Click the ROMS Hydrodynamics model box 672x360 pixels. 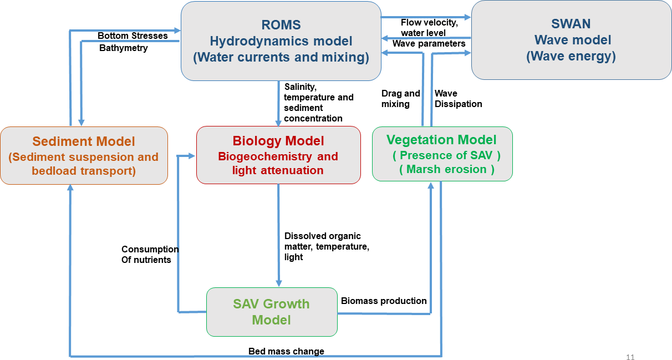[281, 41]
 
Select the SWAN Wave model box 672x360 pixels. [571, 40]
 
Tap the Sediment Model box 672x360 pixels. [84, 156]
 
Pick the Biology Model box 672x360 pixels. [278, 155]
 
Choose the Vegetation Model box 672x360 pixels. [442, 154]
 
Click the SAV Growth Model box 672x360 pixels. [272, 312]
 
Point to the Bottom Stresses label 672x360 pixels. [133, 36]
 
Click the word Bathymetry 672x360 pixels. [124, 48]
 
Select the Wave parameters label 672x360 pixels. [429, 43]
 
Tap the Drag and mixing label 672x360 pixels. [400, 99]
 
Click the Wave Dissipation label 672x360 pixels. [458, 99]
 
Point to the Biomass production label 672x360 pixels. [384, 301]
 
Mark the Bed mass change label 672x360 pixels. [286, 351]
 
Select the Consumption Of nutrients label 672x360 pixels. [150, 255]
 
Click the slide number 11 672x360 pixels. [630, 357]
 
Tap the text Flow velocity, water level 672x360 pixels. [429, 28]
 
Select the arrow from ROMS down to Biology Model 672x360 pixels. [278, 103]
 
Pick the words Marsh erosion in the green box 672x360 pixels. [446, 169]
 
